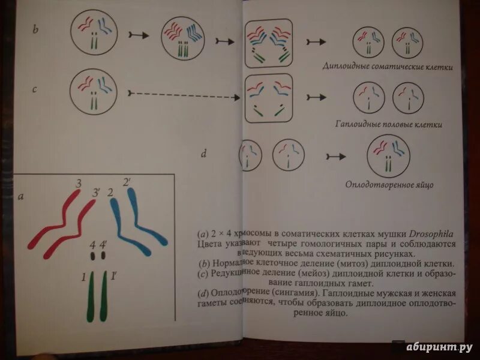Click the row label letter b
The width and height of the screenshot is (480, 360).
click(x=35, y=28)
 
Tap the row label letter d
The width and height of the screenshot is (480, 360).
click(x=204, y=154)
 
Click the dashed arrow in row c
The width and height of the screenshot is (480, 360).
click(x=181, y=94)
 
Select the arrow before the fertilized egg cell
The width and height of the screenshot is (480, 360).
click(x=336, y=157)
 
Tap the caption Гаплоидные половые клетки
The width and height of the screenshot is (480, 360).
click(x=389, y=125)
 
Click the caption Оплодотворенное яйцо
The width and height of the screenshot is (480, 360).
click(x=389, y=185)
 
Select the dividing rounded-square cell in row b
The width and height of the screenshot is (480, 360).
click(x=268, y=43)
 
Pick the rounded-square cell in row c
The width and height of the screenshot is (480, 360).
click(x=268, y=98)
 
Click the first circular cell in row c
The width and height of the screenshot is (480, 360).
click(x=94, y=92)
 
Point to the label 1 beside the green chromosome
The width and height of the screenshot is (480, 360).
click(x=83, y=277)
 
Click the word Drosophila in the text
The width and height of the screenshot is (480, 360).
click(x=432, y=234)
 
